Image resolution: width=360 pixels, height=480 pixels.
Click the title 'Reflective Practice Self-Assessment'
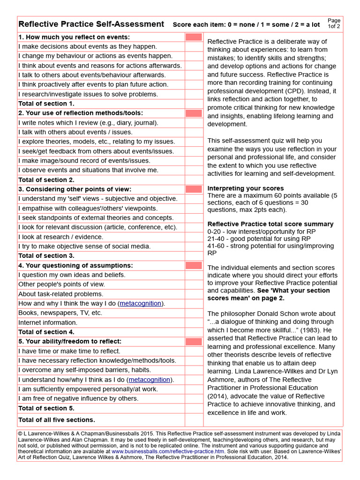pos(91,24)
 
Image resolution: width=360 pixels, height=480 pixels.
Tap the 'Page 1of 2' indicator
pos(334,23)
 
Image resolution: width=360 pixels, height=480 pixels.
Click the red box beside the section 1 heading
pos(194,37)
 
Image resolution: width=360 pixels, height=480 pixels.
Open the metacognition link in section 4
pos(141,304)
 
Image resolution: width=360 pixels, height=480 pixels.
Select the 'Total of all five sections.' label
pos(57,420)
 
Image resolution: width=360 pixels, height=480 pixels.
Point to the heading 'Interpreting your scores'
pos(246,188)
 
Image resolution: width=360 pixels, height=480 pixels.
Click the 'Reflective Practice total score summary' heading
pos(270,224)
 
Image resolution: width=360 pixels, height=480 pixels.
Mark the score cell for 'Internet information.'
pos(194,322)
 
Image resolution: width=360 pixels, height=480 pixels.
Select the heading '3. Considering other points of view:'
pos(75,189)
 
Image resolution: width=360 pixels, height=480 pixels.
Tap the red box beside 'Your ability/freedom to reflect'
pos(194,342)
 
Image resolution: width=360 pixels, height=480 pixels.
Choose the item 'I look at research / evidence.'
pos(61,237)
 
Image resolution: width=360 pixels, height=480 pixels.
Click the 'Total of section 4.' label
pos(46,332)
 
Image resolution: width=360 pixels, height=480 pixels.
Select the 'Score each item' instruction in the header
pos(246,25)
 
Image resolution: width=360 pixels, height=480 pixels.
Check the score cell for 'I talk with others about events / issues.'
pos(194,132)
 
